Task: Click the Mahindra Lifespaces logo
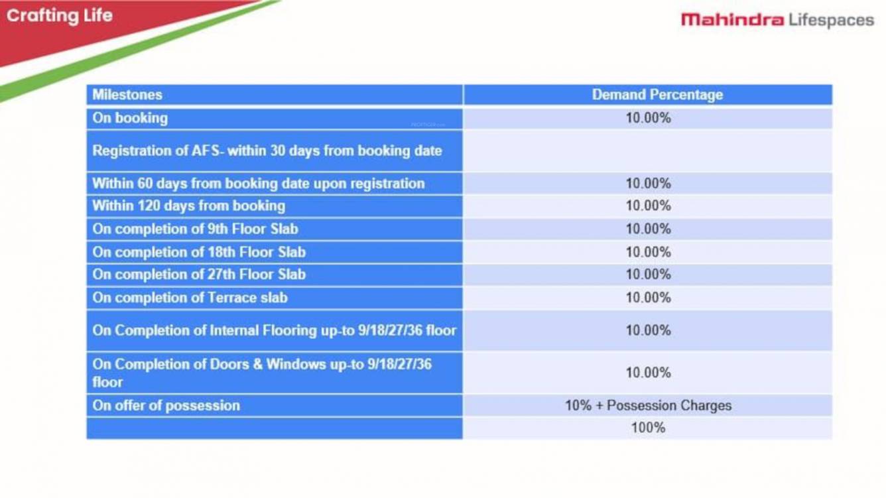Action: point(777,20)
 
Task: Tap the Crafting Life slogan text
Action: point(59,16)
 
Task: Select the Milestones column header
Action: point(127,95)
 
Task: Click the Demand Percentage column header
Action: point(657,95)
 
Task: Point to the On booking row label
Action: point(130,118)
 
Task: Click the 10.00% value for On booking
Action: point(649,118)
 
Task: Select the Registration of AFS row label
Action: point(267,151)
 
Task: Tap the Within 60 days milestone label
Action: point(258,184)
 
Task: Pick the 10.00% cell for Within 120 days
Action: point(649,206)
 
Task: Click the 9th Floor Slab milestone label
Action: point(195,229)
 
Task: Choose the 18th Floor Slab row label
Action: point(199,253)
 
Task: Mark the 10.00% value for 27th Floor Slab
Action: point(649,275)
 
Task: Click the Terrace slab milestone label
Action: point(190,298)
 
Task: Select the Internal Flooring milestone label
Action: point(274,331)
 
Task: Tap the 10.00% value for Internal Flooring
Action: point(649,330)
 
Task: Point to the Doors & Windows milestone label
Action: point(262,373)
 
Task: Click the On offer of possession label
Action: point(166,406)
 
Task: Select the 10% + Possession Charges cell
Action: point(649,405)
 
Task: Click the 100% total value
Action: point(649,428)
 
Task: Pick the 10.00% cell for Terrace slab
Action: point(649,298)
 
